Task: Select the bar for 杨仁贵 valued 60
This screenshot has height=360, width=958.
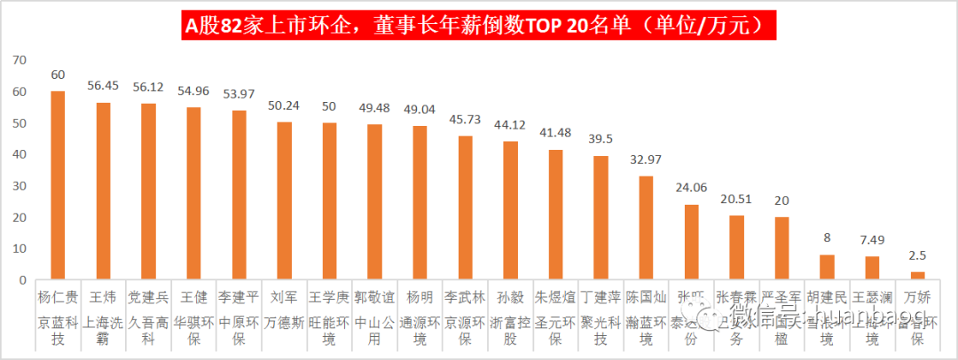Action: point(58,185)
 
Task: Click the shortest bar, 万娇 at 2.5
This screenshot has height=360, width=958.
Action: point(918,276)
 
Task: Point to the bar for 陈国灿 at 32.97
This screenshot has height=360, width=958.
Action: point(646,228)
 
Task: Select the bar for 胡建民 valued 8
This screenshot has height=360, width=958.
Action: point(827,267)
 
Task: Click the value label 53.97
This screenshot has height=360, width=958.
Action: point(239,95)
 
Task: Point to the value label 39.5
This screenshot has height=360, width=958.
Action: point(601,140)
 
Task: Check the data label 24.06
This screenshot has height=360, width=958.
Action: point(691,188)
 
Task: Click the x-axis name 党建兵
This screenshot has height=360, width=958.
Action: point(148,296)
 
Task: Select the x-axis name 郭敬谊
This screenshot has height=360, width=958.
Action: point(374,296)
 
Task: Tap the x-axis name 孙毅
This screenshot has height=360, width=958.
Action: point(510,296)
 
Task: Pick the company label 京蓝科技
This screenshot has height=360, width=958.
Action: point(58,327)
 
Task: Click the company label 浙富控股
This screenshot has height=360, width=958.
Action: point(510,327)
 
